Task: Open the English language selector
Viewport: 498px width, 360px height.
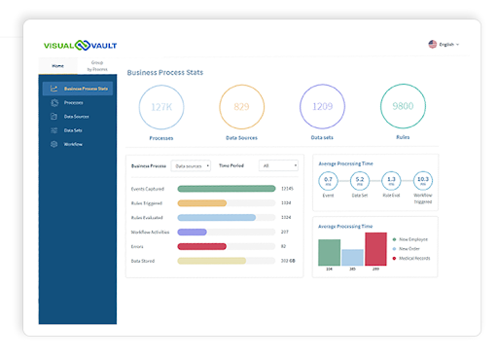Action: coord(444,44)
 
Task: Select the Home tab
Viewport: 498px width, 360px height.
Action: coord(57,66)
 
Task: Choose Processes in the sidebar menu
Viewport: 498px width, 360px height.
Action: coord(73,102)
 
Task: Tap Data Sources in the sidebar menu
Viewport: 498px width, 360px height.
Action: coord(77,116)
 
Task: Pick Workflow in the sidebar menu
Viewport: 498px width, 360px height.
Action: coord(73,144)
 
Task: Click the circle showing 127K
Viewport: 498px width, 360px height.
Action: coord(160,106)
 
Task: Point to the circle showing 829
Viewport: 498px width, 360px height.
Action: coord(241,106)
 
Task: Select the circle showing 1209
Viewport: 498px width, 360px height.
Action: coord(322,106)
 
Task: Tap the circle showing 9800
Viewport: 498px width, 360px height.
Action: coord(403,106)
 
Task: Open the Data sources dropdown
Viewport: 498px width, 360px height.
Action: coord(191,165)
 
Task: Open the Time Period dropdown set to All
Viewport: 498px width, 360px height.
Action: coord(279,165)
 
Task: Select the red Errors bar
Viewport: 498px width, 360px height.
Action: coord(189,246)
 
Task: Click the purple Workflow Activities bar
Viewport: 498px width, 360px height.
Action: coord(192,232)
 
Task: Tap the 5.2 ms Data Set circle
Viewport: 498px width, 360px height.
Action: coord(360,180)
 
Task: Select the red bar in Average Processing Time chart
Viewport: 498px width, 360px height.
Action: coord(375,248)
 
